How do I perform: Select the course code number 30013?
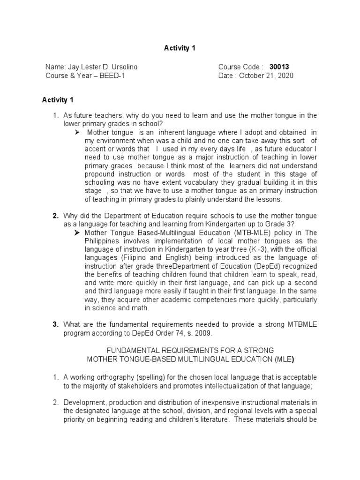pos(286,67)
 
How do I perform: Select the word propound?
pos(100,174)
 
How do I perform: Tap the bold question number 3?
pos(55,324)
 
